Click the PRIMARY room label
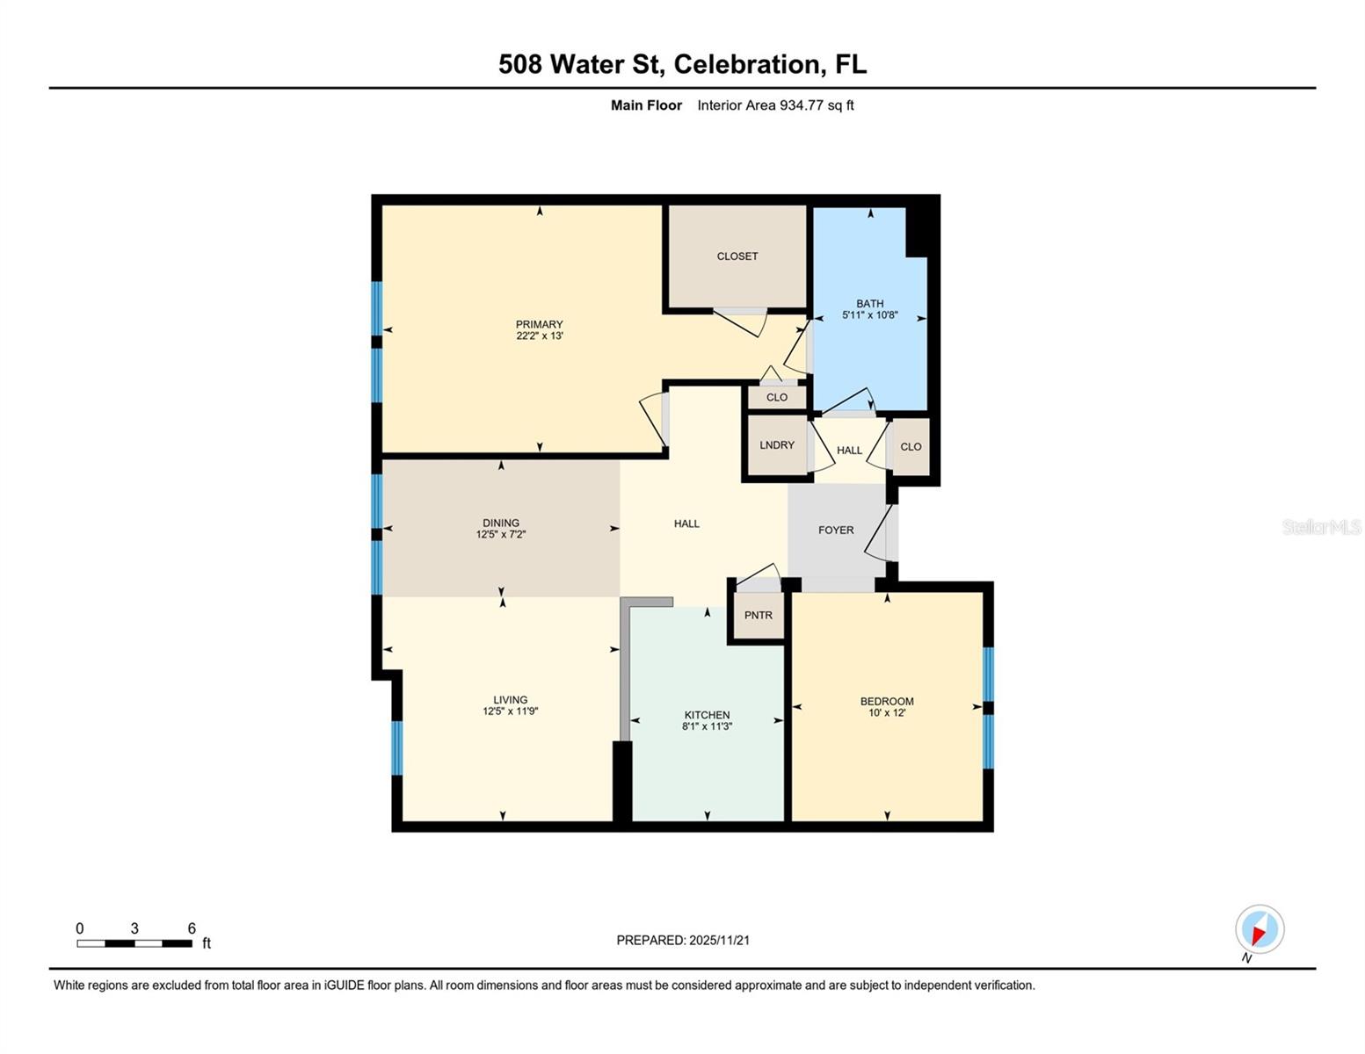tap(539, 324)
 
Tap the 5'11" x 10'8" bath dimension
tap(869, 315)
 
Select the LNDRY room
tap(776, 445)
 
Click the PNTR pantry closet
tap(758, 615)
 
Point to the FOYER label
tap(835, 531)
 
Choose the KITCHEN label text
tap(707, 715)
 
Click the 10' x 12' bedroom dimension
tap(886, 713)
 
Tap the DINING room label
tap(500, 523)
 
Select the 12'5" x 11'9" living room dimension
tap(510, 711)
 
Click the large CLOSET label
tap(737, 256)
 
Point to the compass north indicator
tap(1259, 930)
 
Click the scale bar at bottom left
tap(134, 943)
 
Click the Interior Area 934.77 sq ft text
tap(775, 105)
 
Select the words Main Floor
tap(646, 105)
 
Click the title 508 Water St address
tap(682, 64)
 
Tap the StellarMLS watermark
tap(1320, 527)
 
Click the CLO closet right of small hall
tap(911, 447)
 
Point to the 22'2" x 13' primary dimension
tap(539, 336)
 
